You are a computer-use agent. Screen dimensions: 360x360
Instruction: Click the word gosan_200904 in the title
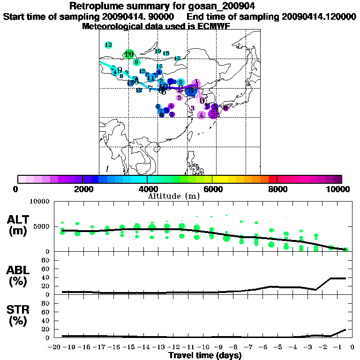pyautogui.click(x=217, y=7)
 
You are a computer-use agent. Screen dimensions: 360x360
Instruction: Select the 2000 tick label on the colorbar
pyautogui.click(x=82, y=189)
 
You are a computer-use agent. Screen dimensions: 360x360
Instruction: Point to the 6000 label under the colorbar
pyautogui.click(x=212, y=189)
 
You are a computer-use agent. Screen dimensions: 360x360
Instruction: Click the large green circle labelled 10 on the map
pyautogui.click(x=128, y=54)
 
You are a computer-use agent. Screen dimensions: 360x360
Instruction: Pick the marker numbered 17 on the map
pyautogui.click(x=177, y=59)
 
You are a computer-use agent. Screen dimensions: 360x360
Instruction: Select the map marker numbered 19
pyautogui.click(x=158, y=51)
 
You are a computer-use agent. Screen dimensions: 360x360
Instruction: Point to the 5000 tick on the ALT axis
pyautogui.click(x=43, y=226)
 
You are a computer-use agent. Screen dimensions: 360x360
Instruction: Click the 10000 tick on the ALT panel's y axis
pyautogui.click(x=41, y=202)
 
